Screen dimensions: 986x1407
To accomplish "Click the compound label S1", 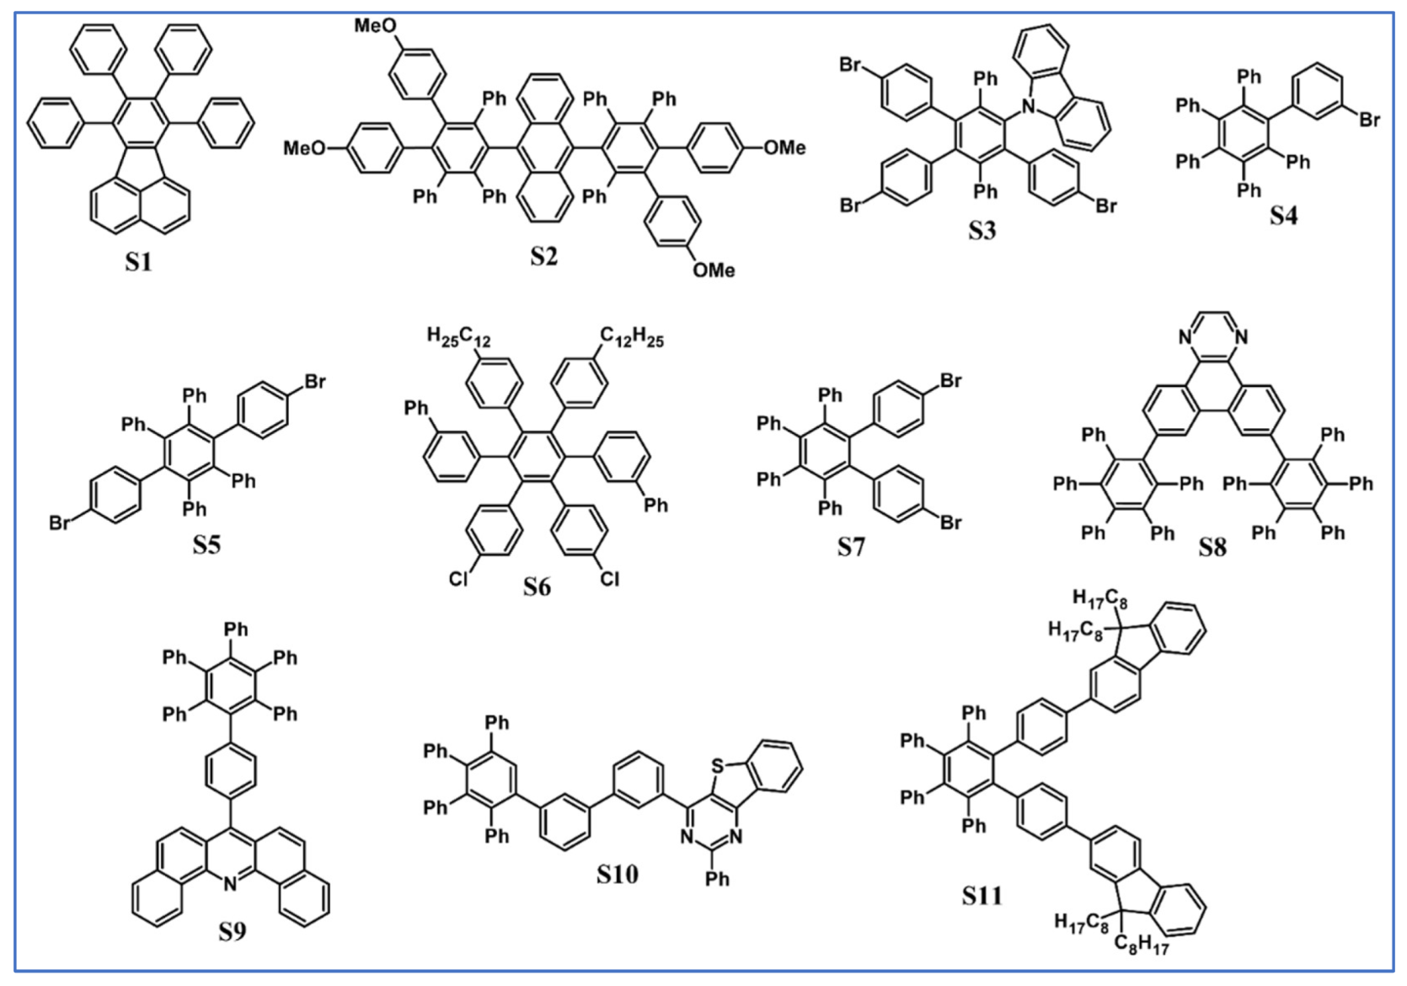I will (x=138, y=262).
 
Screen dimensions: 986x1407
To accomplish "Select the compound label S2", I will (x=543, y=255).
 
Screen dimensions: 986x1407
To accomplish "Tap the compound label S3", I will (x=981, y=230).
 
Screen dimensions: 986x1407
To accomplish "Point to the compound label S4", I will (x=1283, y=217).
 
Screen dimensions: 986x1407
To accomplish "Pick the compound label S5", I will (x=206, y=545).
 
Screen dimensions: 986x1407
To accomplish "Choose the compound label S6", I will (x=536, y=586).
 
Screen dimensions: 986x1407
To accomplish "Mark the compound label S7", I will (x=851, y=548).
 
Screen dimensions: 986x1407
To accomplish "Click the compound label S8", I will (x=1212, y=548).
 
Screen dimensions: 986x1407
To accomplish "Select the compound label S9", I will (x=232, y=932).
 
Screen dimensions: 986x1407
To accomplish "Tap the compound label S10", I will (x=617, y=875).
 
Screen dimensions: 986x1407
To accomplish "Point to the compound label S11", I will (x=982, y=895).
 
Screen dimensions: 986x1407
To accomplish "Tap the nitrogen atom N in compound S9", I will (x=231, y=884).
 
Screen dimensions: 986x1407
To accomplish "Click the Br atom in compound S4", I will (x=1369, y=120).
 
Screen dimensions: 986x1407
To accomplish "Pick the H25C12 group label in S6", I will (x=458, y=338).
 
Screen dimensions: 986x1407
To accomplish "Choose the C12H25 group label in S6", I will (x=632, y=338).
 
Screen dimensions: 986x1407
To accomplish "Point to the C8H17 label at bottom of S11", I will (x=1141, y=947).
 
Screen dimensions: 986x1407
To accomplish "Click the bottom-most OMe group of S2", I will (x=714, y=270).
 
